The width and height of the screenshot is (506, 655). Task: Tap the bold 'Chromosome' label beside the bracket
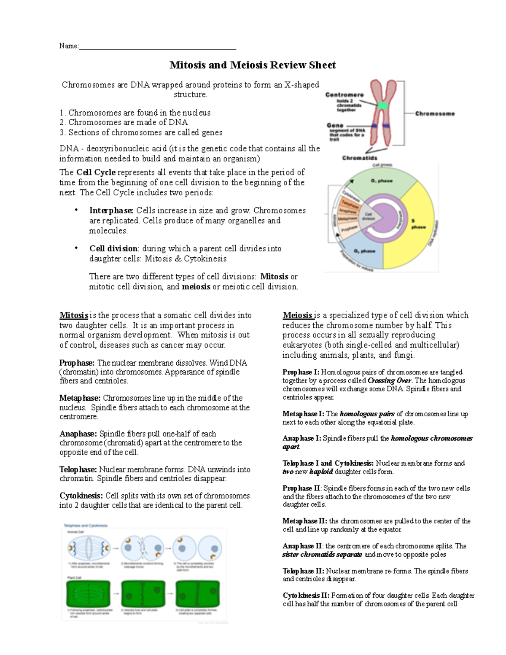[435, 113]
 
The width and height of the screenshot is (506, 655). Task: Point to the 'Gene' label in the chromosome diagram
[335, 125]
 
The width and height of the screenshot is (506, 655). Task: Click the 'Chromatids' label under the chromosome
[359, 158]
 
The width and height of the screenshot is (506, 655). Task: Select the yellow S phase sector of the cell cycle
[415, 224]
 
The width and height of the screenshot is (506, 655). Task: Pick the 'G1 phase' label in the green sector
[382, 181]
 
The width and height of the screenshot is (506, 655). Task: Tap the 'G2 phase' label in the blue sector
[364, 251]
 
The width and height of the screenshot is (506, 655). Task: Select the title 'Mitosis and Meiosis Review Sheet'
[252, 65]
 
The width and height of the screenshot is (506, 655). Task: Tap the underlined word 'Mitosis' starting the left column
[74, 315]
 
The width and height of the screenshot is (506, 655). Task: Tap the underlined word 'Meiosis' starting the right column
[297, 315]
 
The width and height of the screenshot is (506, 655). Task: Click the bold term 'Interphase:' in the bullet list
[111, 210]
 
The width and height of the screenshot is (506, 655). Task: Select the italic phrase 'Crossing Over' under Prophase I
[389, 380]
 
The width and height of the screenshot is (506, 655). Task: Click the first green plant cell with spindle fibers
[88, 593]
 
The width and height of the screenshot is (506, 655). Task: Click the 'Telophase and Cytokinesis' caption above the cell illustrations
[86, 526]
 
